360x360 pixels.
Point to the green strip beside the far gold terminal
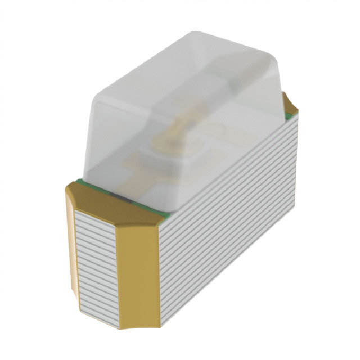[287, 116]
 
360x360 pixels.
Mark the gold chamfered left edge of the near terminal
[70, 236]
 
